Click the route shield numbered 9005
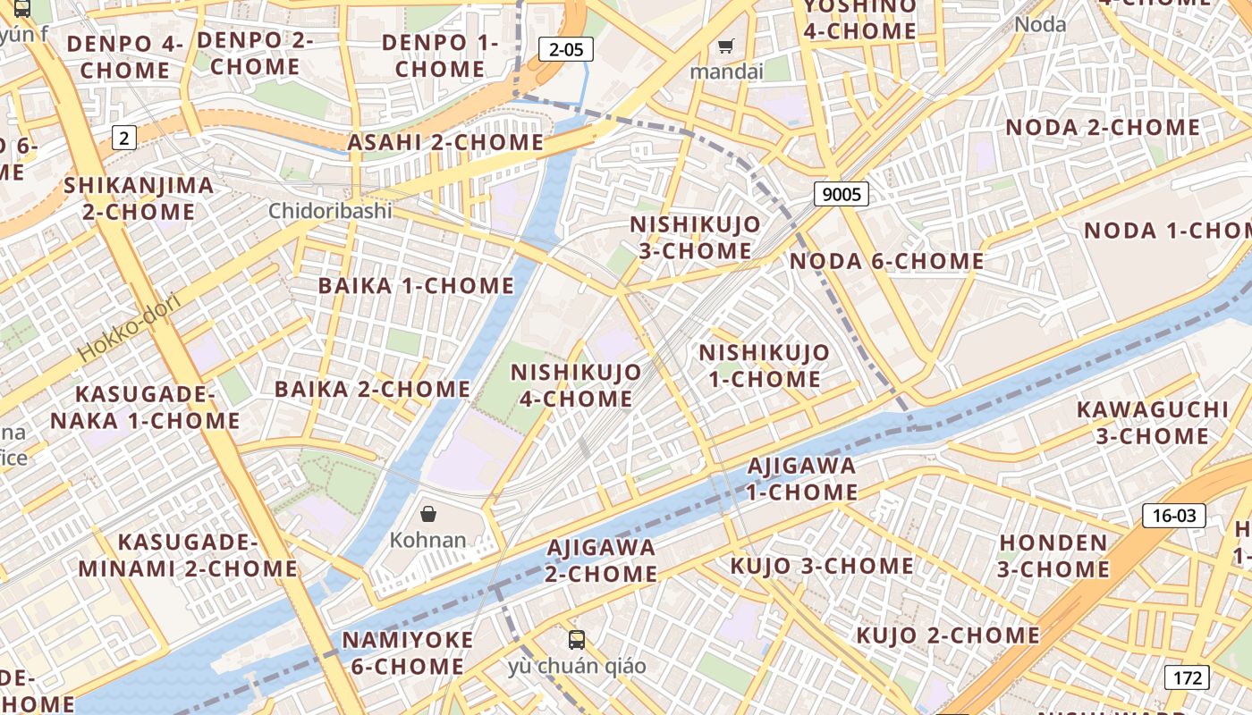tap(842, 194)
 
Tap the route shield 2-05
tap(566, 50)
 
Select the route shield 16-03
tap(1173, 515)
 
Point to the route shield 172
tap(1187, 677)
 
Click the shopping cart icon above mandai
tap(726, 46)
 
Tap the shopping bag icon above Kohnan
tap(428, 514)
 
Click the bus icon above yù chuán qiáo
tap(577, 640)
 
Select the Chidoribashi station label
tap(331, 211)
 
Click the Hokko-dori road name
tap(129, 326)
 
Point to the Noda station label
tap(1040, 24)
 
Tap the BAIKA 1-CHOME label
tap(416, 286)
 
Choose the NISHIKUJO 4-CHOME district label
tap(576, 385)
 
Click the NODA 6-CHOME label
tap(886, 261)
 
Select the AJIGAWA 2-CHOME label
tap(600, 560)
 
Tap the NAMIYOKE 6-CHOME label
tap(408, 652)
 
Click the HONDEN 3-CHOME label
tap(1053, 556)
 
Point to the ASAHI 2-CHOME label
tap(444, 143)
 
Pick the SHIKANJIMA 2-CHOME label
tap(139, 198)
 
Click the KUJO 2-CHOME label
tap(948, 635)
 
